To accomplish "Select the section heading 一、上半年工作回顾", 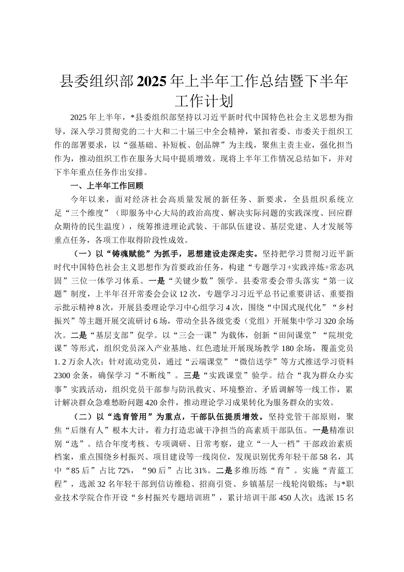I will pos(107,186).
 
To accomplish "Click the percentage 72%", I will pos(128,470).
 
